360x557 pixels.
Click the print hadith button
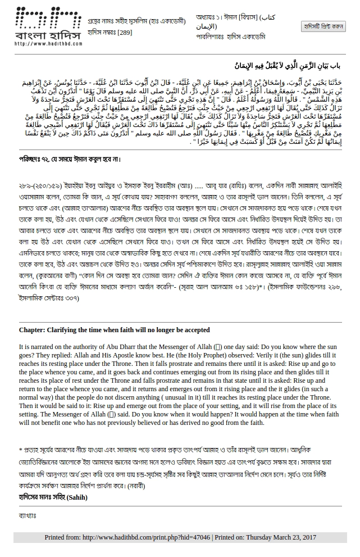coord(323,26)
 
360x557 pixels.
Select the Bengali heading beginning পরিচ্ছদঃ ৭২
coord(70,159)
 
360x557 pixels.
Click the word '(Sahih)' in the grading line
coord(78,497)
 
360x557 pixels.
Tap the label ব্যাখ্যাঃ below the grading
coord(27,515)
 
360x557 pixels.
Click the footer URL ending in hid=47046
coord(145,538)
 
